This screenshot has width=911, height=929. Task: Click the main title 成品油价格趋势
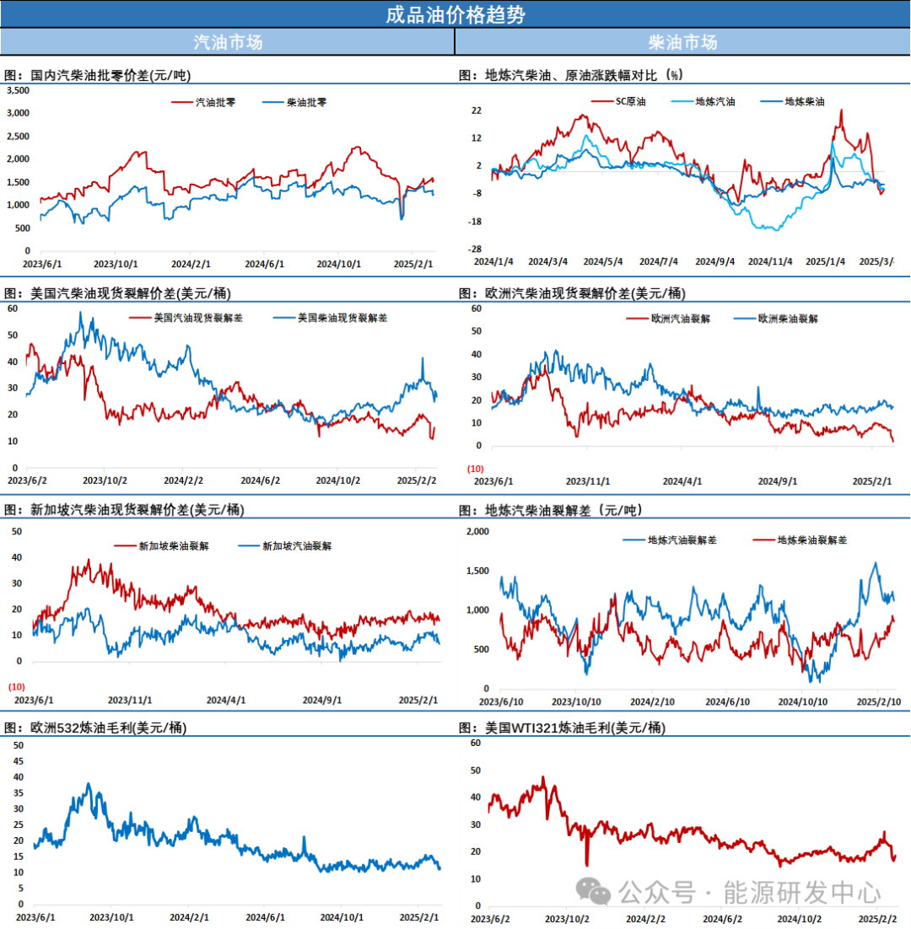455,14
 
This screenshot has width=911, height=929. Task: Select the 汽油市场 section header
227,41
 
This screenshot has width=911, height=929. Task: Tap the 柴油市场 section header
682,41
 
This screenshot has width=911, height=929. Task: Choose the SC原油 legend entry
629,101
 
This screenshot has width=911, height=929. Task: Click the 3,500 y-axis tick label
18,90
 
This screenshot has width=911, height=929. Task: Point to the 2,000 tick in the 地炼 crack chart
477,531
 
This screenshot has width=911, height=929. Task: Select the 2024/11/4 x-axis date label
770,261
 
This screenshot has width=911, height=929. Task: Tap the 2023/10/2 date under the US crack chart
105,481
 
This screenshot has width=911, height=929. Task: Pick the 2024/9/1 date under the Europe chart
777,481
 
